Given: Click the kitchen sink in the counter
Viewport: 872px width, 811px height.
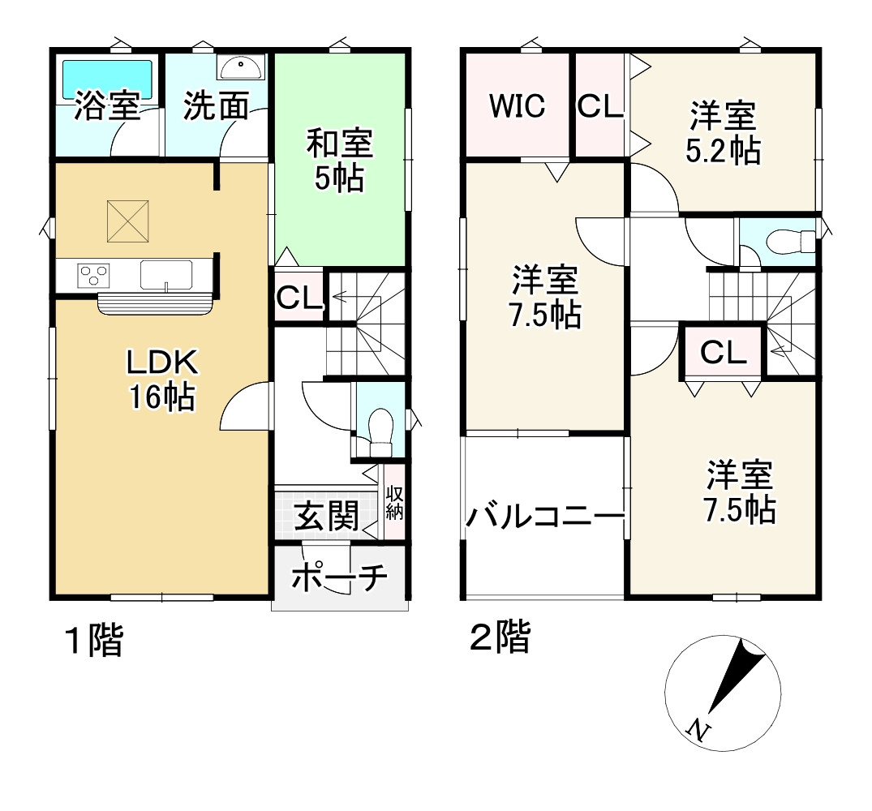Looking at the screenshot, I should tap(166, 274).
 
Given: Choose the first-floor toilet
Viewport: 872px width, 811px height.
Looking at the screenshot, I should tap(380, 427).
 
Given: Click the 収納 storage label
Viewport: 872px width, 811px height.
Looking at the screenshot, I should tap(394, 503).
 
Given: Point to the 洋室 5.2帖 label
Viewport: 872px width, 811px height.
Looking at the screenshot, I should tap(724, 133).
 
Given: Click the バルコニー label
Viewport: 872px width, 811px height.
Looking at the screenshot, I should tap(544, 516).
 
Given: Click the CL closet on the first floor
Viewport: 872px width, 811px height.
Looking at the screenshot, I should tap(299, 298).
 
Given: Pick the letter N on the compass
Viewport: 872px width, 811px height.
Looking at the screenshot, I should tap(696, 729).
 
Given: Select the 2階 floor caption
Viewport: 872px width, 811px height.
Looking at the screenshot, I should tap(500, 637).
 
